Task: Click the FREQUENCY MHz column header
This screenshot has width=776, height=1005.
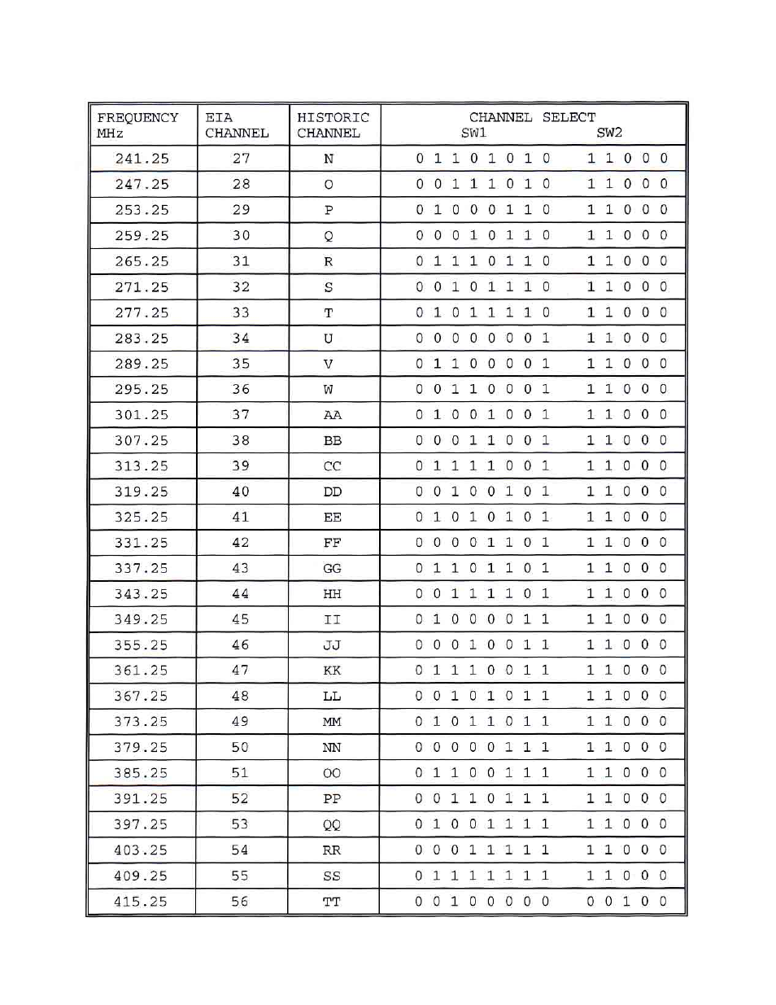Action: pyautogui.click(x=137, y=125)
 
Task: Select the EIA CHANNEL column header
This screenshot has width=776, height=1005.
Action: pyautogui.click(x=236, y=125)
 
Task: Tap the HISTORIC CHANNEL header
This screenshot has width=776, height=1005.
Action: pyautogui.click(x=332, y=125)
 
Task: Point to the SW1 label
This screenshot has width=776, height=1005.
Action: pyautogui.click(x=473, y=133)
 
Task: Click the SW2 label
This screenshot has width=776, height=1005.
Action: pyautogui.click(x=609, y=133)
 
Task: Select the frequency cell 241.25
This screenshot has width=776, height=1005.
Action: pyautogui.click(x=142, y=159)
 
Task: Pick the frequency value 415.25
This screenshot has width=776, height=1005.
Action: pyautogui.click(x=141, y=902)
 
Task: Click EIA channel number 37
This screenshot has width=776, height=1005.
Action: pyautogui.click(x=241, y=415)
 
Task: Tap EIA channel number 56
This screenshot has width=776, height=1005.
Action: pyautogui.click(x=239, y=902)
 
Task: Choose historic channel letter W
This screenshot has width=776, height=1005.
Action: pyautogui.click(x=329, y=389)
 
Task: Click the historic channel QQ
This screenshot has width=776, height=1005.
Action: pyautogui.click(x=332, y=824)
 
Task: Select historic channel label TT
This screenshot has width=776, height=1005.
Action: pyautogui.click(x=332, y=902)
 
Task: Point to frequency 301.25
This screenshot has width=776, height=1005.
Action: pyautogui.click(x=142, y=415)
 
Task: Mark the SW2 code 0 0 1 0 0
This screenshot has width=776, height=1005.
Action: pyautogui.click(x=627, y=901)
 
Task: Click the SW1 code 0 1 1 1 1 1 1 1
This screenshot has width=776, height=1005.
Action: pyautogui.click(x=482, y=876)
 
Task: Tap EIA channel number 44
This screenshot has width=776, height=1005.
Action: pyautogui.click(x=241, y=594)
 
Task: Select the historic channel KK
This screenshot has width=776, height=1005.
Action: pyautogui.click(x=332, y=671)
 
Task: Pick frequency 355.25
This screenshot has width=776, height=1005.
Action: pyautogui.click(x=142, y=645)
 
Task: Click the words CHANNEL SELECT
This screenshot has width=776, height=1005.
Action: pyautogui.click(x=532, y=117)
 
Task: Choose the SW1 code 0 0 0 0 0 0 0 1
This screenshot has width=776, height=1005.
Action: pyautogui.click(x=482, y=338)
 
